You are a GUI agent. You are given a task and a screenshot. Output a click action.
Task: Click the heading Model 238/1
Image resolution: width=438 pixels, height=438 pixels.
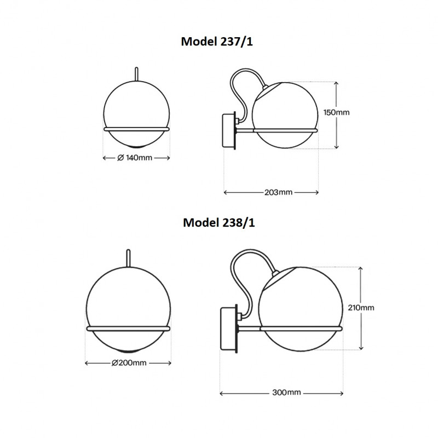pos(218,223)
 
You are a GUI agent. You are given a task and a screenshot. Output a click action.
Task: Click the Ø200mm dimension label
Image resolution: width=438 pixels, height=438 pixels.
pos(129,363)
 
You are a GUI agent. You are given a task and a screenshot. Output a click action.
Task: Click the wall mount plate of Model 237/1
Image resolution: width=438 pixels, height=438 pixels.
pos(228,130)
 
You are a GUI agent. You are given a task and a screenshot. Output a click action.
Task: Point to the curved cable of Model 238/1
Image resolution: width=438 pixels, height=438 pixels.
pos(238,274)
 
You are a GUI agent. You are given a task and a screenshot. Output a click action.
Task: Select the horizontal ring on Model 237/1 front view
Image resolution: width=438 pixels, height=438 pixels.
pos(137,129)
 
